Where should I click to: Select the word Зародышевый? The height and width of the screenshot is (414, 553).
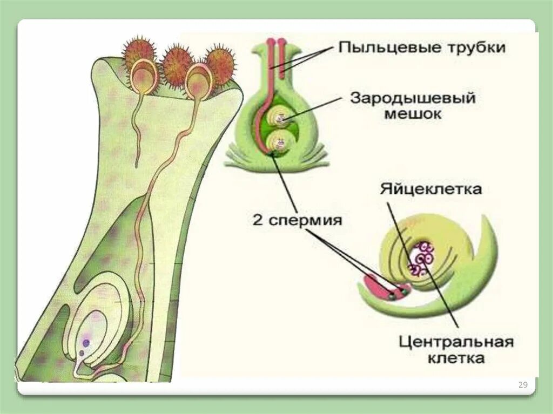tap(413, 98)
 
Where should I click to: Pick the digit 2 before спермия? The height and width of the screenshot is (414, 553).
tap(258, 220)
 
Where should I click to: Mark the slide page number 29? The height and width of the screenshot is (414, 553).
tap(522, 385)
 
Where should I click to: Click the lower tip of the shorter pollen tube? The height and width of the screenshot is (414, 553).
tap(137, 163)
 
